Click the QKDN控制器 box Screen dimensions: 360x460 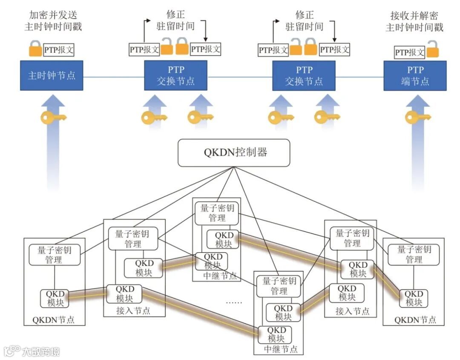[233, 153]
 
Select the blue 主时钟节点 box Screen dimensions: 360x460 [52, 75]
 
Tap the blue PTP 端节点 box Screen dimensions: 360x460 [415, 75]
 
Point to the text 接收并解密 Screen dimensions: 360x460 [414, 16]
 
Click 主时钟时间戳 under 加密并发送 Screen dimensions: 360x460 [53, 27]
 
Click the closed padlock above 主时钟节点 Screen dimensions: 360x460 [35, 49]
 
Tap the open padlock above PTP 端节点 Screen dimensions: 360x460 [432, 50]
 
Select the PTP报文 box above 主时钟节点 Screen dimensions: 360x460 [59, 50]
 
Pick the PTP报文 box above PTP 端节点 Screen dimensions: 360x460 [410, 52]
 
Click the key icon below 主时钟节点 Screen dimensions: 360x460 [53, 117]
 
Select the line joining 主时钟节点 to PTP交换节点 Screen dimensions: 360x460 [113, 77]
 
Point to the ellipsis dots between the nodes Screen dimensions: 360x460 [233, 302]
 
